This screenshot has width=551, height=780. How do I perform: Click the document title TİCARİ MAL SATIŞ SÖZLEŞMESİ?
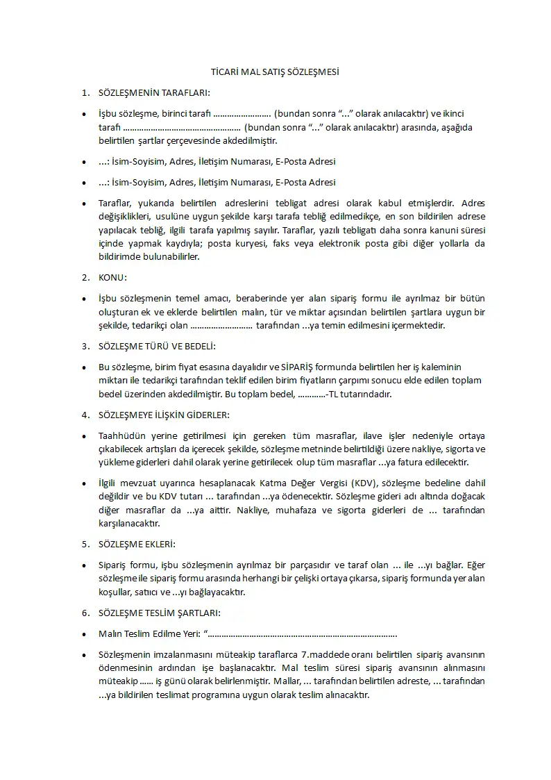pos(275,72)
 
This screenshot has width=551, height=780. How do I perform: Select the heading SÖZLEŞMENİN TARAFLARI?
pos(154,92)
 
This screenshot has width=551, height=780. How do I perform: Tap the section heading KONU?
pos(112,278)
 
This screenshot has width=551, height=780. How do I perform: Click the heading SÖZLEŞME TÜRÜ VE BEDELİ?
pos(157,345)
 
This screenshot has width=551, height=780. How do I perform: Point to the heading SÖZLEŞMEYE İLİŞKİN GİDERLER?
pos(164,415)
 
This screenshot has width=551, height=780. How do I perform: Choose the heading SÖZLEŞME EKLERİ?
pos(137,544)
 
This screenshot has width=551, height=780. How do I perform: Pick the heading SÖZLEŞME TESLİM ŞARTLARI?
pos(160,613)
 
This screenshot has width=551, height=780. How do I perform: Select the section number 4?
pos(85,415)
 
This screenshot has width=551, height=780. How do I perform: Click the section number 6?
pos(85,613)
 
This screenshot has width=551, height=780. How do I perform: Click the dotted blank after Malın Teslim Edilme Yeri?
pos(303,634)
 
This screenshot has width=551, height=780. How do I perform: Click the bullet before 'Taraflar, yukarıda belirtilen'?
pos(85,204)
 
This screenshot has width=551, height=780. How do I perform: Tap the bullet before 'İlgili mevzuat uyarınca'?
pos(85,483)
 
